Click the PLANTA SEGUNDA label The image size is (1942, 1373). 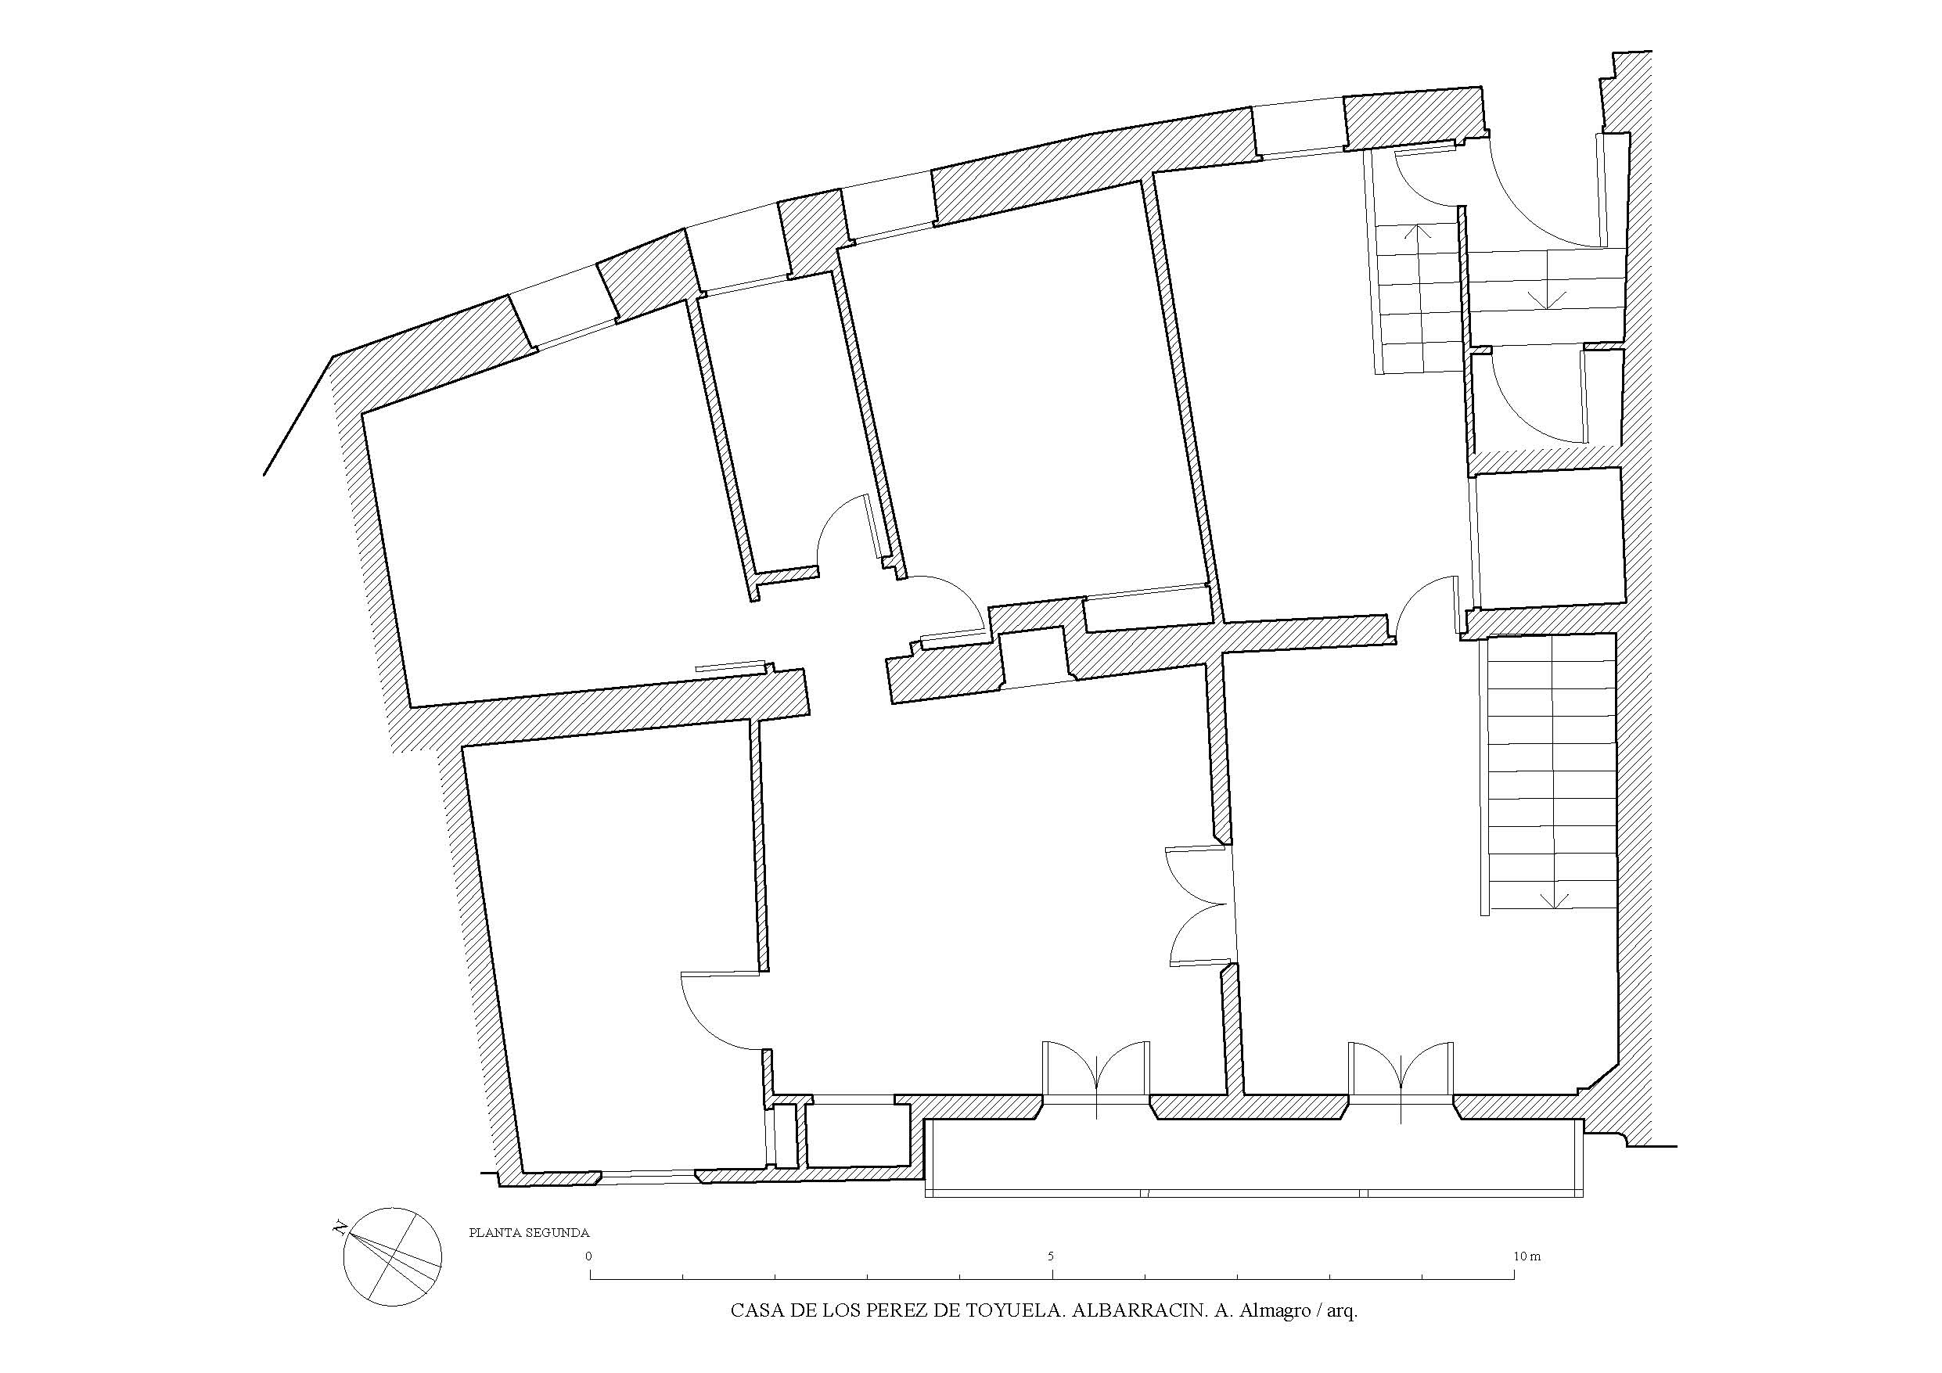click(x=529, y=1232)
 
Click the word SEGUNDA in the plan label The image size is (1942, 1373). click(x=557, y=1232)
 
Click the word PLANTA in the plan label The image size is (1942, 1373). click(x=494, y=1232)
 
